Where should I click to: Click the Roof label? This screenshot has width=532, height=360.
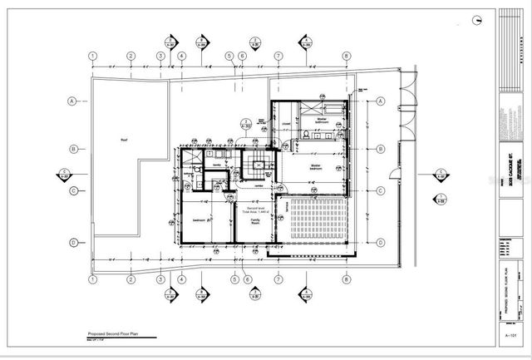tap(123, 140)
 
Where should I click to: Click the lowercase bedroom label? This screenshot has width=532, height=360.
tap(199, 219)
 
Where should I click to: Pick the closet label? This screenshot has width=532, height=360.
tap(284, 126)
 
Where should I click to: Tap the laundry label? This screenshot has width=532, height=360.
tap(217, 165)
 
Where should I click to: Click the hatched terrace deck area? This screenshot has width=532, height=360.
tap(317, 219)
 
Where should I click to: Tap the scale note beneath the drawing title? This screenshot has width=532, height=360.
tap(101, 337)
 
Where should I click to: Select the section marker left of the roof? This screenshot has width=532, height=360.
tap(65, 174)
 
